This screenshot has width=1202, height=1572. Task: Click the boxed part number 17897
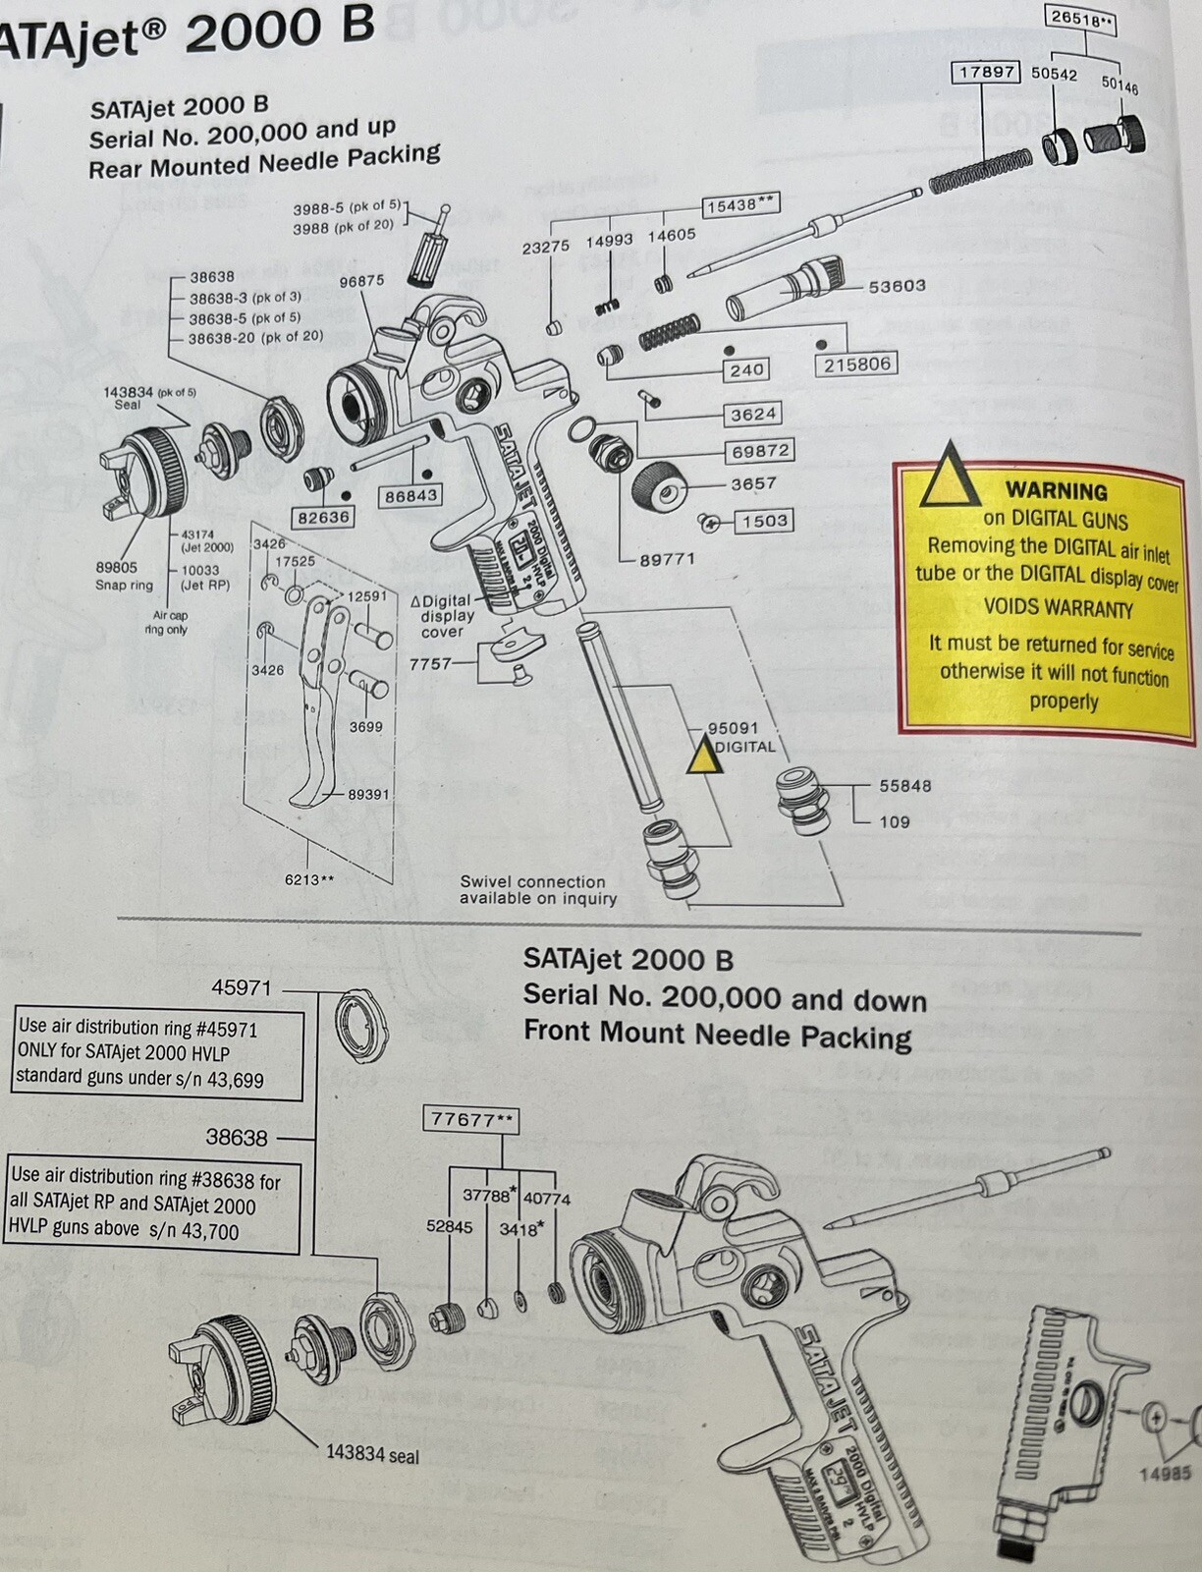985,73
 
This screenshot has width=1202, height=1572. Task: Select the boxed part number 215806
856,364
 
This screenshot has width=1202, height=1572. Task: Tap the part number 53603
897,286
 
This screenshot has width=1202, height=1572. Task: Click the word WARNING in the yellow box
1056,490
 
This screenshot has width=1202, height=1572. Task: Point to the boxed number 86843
410,496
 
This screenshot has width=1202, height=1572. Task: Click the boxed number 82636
323,517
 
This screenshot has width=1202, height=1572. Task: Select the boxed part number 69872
759,451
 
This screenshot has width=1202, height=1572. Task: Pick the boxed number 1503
764,521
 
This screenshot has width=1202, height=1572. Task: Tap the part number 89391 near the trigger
368,794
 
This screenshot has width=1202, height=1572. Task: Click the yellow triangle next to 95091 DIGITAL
702,757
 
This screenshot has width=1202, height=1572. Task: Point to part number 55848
904,786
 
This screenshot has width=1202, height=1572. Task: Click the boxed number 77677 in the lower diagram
472,1119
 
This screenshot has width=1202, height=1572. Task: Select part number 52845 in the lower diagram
449,1226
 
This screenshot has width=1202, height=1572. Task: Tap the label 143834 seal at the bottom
371,1454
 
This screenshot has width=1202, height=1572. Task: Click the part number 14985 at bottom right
1165,1473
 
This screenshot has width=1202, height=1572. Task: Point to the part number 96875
361,281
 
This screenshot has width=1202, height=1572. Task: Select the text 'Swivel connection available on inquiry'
537,890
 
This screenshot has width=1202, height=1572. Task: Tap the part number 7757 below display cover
430,664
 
